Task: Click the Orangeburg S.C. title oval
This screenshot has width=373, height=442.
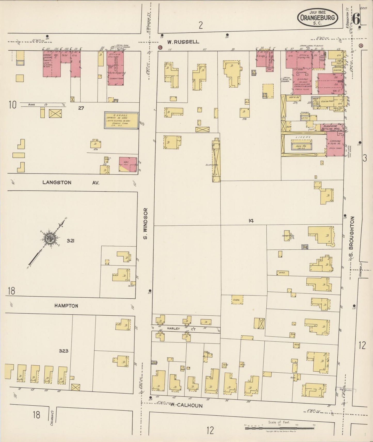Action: (318, 17)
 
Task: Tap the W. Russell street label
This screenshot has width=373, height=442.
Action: (183, 42)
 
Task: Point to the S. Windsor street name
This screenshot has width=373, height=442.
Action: (145, 223)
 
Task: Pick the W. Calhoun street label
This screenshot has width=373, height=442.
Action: (186, 405)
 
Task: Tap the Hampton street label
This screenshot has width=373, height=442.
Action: (66, 306)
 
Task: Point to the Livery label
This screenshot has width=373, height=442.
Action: (303, 137)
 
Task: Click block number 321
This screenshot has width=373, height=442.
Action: (70, 241)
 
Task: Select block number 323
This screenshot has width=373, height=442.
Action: (64, 351)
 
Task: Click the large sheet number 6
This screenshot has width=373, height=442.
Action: (356, 19)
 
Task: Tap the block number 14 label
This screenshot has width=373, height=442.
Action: (251, 221)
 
